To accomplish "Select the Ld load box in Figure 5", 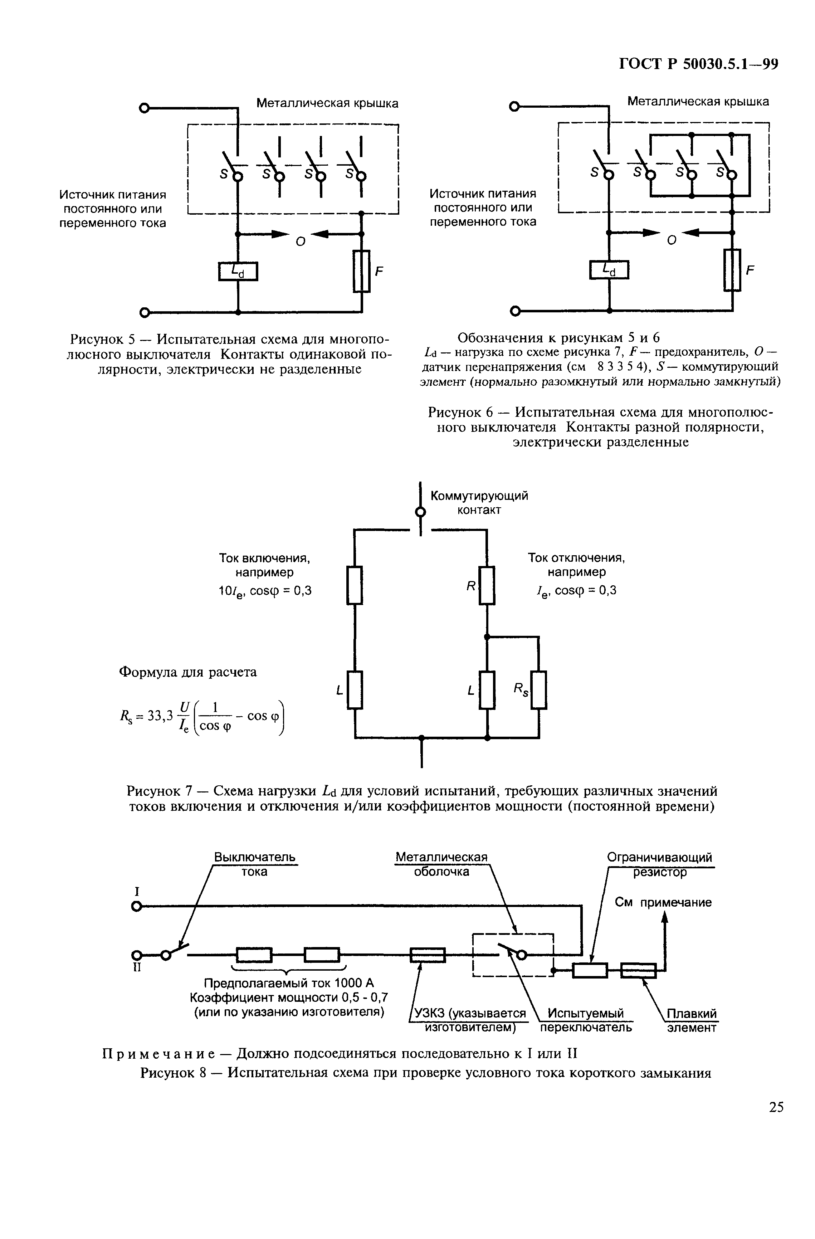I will [238, 271].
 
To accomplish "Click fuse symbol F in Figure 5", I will [362, 271].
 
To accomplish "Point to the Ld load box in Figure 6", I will [609, 270].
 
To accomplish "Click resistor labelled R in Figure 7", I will [487, 585].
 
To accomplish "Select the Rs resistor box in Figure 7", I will [539, 690].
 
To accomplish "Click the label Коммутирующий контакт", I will [479, 502].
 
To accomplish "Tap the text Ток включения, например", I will [264, 565].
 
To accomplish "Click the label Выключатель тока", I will [254, 864].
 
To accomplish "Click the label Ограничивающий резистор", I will [659, 864].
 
